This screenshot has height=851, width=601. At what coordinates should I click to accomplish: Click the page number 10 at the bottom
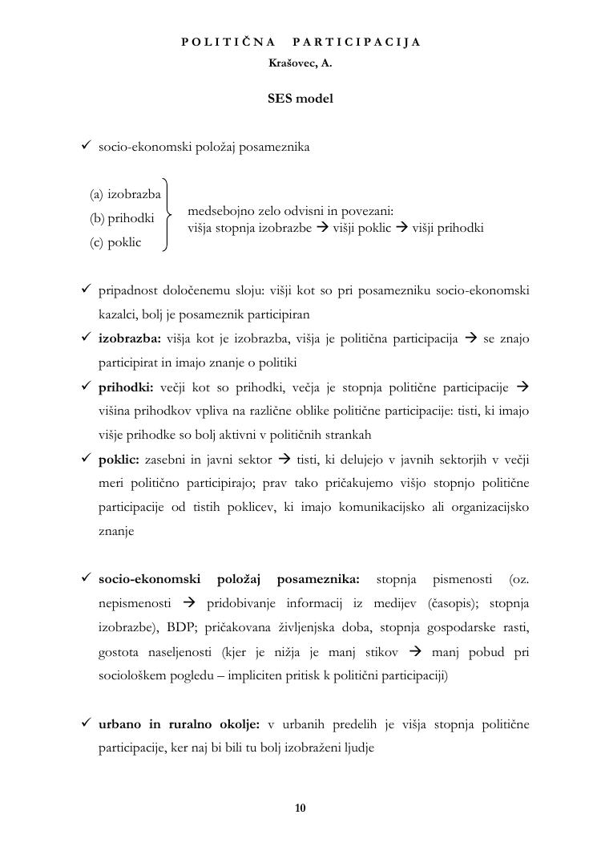[300, 808]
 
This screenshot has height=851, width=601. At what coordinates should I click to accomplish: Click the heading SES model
[300, 99]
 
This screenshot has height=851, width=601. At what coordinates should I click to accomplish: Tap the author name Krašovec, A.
[300, 63]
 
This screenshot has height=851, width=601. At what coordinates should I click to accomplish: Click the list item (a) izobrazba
[125, 194]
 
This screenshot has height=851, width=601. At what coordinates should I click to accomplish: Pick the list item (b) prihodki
[122, 218]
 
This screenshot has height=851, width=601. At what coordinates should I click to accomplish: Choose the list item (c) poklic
[115, 242]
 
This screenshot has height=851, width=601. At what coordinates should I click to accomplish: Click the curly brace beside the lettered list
[167, 215]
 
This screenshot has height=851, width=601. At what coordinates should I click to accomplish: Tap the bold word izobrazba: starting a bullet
[130, 339]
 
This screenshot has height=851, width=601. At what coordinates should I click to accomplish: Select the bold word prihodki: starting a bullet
[127, 387]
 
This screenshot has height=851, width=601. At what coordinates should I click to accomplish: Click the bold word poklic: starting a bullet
[119, 460]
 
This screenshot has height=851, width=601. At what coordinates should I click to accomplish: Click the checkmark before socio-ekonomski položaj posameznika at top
[87, 147]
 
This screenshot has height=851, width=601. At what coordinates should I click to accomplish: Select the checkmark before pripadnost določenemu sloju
[87, 290]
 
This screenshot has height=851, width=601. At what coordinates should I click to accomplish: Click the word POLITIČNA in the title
[228, 42]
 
